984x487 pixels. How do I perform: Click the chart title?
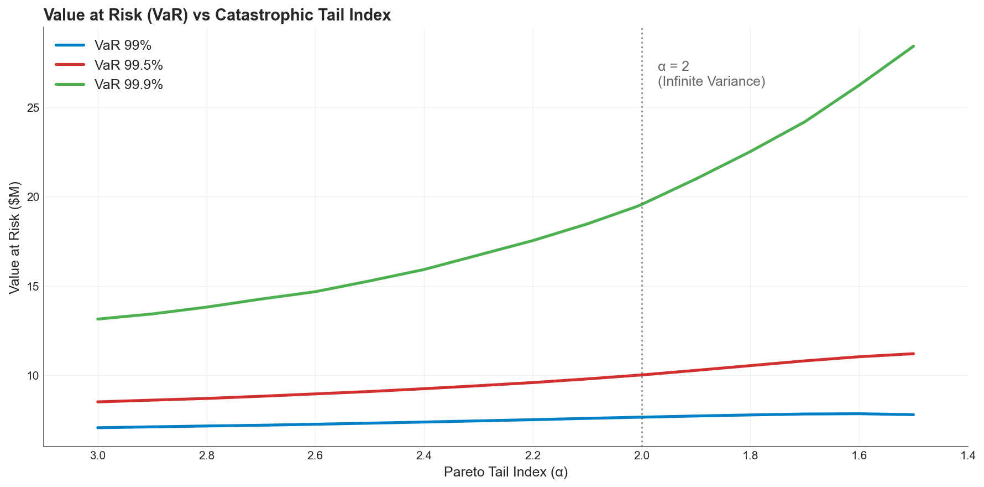217,15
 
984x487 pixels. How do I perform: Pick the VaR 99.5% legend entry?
128,65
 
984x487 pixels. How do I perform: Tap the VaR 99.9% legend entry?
128,84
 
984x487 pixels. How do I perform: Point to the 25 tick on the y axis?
33,108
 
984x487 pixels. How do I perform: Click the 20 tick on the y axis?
33,197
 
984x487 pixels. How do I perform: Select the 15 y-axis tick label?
33,287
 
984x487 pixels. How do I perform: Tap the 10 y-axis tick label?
33,376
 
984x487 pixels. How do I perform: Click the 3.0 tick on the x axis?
98,456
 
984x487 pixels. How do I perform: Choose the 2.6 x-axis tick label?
315,456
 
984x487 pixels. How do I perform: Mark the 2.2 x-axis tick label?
532,456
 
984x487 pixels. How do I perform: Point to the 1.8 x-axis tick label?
750,456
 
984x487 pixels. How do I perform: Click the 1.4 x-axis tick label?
967,456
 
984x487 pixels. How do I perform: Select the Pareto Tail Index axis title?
506,472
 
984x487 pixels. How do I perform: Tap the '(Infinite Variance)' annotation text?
711,81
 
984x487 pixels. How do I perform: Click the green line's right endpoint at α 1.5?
913,46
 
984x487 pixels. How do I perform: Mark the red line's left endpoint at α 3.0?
98,402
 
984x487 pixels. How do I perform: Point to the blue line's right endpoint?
913,415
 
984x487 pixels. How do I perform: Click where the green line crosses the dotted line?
642,205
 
